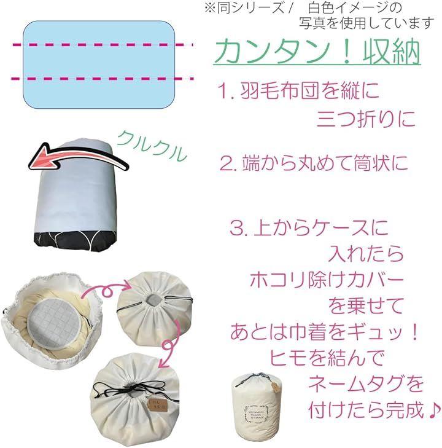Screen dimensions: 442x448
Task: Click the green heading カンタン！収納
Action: (317, 53)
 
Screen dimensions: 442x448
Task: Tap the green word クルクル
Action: (152, 146)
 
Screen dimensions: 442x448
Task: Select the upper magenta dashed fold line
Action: (103, 45)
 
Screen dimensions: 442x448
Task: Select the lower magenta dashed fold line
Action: (103, 79)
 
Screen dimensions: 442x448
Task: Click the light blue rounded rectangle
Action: (99, 65)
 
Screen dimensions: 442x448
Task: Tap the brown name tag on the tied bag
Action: (158, 405)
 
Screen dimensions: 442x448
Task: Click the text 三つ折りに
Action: (366, 119)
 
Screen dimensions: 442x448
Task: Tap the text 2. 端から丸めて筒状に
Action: (314, 163)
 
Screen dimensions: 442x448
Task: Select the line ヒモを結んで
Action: (327, 358)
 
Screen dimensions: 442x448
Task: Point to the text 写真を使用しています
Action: (366, 23)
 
